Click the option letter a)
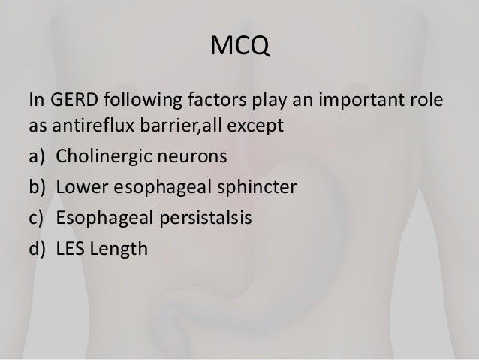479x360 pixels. (36, 159)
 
